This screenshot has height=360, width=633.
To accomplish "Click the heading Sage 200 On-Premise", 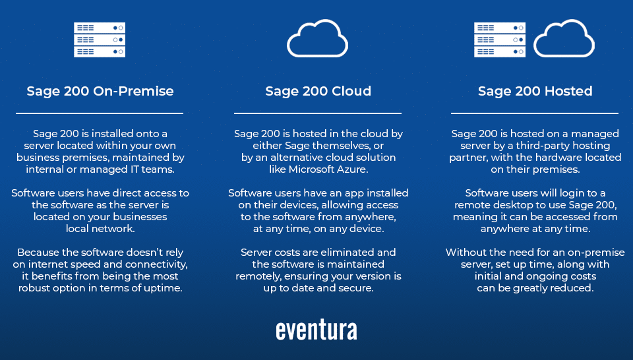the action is [x=100, y=91].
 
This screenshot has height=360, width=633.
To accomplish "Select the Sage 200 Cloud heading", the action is [x=318, y=91].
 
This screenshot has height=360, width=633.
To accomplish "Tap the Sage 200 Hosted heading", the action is [x=535, y=91].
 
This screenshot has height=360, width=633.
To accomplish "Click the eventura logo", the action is [x=316, y=330].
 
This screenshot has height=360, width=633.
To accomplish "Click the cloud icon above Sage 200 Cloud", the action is [x=317, y=53].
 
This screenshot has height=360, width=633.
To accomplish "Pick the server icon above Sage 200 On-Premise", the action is [x=100, y=40].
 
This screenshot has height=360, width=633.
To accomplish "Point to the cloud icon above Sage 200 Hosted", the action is [x=564, y=53].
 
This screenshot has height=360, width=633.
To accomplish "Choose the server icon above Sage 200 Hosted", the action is [x=500, y=40].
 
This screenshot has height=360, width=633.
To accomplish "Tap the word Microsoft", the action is [x=313, y=169].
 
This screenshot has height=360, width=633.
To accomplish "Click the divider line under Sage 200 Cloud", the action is [x=318, y=113].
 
